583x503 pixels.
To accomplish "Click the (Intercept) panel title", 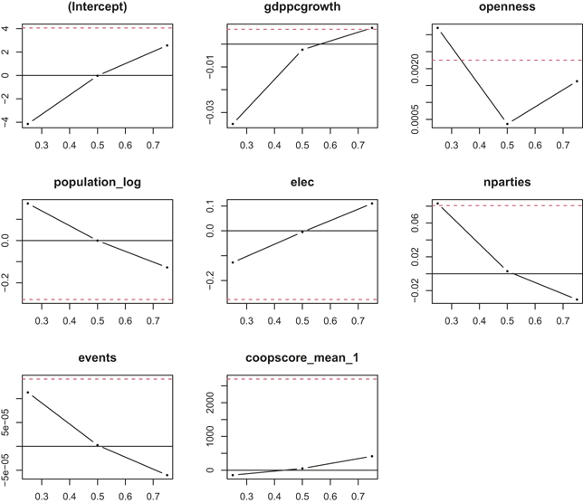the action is coord(98,6).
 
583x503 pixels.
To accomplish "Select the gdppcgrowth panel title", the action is coord(302,6).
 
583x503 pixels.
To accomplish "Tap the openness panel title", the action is coord(507,6).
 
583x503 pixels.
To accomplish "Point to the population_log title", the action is coord(98,183).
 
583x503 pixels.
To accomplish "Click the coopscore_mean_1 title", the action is coord(302,357).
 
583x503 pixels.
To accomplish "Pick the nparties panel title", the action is coord(507,183).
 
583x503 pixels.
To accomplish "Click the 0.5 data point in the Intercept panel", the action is coord(98,76).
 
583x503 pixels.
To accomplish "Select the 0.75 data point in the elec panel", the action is coord(372,204).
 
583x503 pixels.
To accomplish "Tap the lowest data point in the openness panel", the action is coord(507,124).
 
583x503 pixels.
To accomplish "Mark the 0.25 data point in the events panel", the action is coord(28,393).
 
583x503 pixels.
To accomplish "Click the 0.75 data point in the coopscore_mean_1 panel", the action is coord(372,456).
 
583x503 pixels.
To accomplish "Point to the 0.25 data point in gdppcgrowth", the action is coord(233,124).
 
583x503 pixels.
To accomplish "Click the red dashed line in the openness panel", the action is coord(507,60).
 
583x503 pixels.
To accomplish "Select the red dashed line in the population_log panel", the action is coord(98,299).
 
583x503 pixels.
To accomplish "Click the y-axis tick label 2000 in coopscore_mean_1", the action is coord(210,403).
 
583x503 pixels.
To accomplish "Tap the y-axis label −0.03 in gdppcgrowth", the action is coord(210,112).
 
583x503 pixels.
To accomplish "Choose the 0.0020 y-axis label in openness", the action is coord(416,69).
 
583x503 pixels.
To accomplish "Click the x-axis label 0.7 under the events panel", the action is coord(153,497).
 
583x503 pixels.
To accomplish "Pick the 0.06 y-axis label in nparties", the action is coord(416,223).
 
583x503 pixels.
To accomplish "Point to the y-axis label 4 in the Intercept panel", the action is coord(5,28).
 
